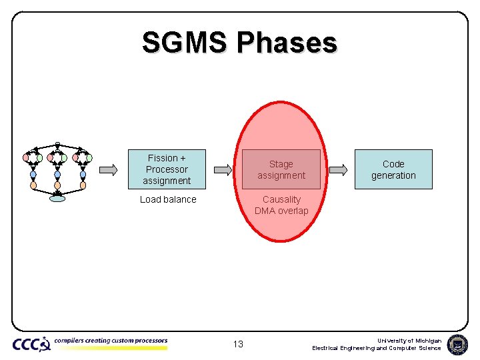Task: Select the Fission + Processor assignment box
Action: pos(167,169)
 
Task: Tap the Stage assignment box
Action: pos(281,169)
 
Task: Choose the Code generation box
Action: pos(393,169)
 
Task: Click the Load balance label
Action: pos(168,199)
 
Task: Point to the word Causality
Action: pos(281,199)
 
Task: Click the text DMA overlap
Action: pos(281,211)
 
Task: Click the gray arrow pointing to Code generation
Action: pos(338,169)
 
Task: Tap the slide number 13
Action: pos(238,344)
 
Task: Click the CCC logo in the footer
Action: pos(31,344)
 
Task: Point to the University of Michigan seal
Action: pos(457,344)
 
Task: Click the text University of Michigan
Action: pos(409,340)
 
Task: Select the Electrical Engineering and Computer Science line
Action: pos(377,348)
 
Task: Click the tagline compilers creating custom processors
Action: pos(111,341)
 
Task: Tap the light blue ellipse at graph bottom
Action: pos(58,198)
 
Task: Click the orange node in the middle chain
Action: pos(57,185)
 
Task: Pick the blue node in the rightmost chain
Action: pos(83,175)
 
